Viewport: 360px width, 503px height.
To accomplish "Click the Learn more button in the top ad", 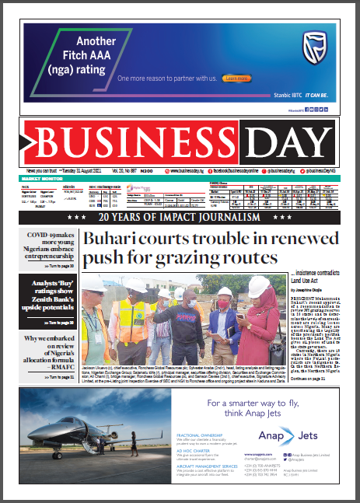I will [235, 79].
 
